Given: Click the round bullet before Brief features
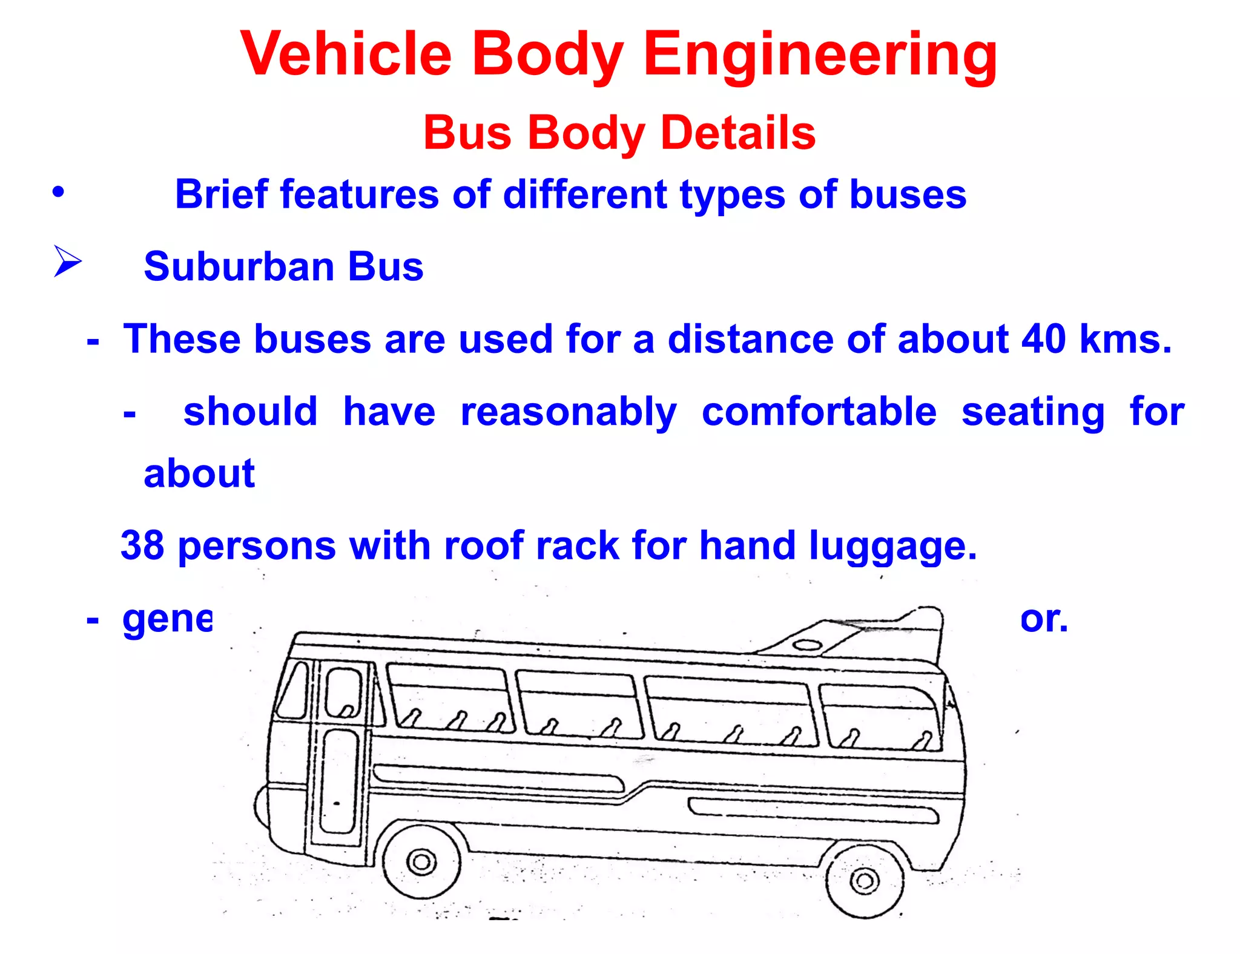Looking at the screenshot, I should pyautogui.click(x=58, y=192).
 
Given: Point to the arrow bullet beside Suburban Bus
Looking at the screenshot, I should pyautogui.click(x=67, y=262).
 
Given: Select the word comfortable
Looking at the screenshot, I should pyautogui.click(x=819, y=412).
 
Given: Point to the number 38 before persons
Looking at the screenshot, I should pyautogui.click(x=143, y=545).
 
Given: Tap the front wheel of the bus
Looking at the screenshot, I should pyautogui.click(x=421, y=861).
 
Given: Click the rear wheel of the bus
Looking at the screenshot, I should pyautogui.click(x=865, y=880).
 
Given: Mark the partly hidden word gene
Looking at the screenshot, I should pyautogui.click(x=167, y=620).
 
